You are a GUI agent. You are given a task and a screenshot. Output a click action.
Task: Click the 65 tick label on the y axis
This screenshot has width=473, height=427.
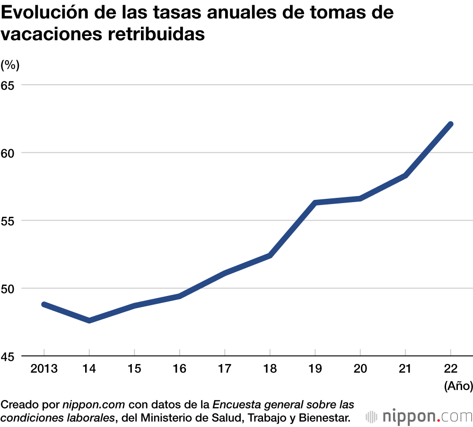coord(8,85)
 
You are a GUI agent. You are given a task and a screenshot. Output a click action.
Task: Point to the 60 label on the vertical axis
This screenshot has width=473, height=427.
coord(8,153)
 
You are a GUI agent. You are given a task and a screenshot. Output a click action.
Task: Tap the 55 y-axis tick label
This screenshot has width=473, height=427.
coord(8,221)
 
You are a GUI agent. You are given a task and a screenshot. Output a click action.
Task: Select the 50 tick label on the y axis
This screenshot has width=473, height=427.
coord(8,288)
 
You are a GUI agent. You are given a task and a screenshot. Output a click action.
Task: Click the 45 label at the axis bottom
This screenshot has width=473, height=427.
coord(8,356)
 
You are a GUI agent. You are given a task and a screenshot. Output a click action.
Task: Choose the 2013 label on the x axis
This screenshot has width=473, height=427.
coord(44,369)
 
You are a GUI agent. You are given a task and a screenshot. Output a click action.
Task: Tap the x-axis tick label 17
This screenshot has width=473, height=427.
coord(225,369)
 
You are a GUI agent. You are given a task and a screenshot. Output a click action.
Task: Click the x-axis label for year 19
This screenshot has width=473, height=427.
coord(315,369)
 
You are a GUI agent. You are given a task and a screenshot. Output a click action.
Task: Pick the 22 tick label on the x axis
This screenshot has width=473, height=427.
coord(450,369)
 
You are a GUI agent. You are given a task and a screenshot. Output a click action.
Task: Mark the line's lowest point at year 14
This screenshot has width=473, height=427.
coord(89,321)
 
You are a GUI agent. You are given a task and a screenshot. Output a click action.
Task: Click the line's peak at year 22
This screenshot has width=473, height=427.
coord(450,124)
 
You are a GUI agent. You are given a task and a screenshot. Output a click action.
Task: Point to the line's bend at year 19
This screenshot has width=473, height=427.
coord(315,203)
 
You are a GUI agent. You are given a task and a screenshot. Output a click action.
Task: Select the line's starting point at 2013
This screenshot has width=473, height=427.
coord(44,304)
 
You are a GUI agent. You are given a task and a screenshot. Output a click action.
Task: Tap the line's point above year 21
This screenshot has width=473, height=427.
coord(405,176)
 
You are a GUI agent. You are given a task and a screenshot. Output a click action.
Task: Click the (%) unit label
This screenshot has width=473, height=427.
coord(10,65)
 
